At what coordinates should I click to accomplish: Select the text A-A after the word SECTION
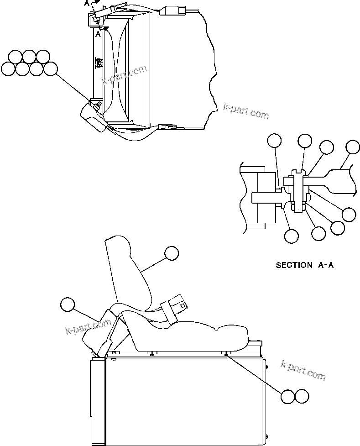pos(325,265)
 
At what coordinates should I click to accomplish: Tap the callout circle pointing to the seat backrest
pos(171,253)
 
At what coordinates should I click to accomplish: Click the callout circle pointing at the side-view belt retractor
pos(68,304)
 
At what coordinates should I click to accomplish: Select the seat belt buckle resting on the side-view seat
pos(175,307)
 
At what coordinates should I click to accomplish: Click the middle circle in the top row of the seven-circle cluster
pos(29,57)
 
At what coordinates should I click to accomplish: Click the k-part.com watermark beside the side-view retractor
pos(89,328)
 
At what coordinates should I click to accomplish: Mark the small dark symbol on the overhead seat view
pos(98,63)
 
